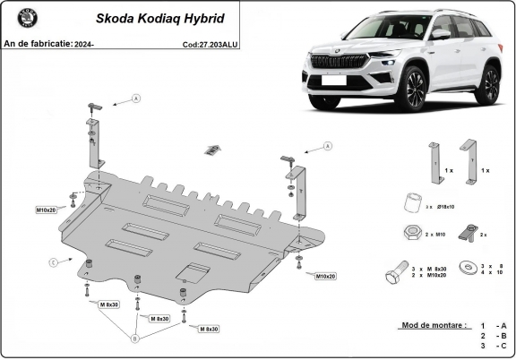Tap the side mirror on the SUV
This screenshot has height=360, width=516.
point(440,34)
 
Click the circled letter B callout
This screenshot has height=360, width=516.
point(135,339)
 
